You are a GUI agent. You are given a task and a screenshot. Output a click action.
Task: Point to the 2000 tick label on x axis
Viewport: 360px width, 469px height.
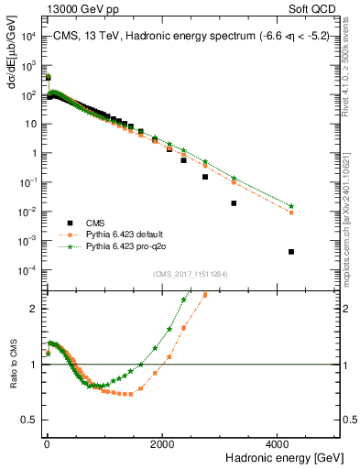coord(163,443)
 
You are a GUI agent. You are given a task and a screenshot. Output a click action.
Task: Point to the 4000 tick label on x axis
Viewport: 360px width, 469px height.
coord(280,443)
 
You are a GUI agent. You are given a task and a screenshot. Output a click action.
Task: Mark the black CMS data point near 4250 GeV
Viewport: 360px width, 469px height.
coord(291,252)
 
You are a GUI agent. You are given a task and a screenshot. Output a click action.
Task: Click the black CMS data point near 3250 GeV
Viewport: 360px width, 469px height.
coord(234,203)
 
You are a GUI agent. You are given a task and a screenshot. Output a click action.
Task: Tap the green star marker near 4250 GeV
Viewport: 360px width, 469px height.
coord(291,206)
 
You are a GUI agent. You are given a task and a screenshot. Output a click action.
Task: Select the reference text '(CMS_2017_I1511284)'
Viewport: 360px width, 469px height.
coord(191,273)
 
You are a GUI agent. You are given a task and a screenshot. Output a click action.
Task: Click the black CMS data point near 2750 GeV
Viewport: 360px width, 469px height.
coord(204,177)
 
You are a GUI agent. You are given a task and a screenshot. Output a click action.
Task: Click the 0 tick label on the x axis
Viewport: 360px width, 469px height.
coord(46,443)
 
